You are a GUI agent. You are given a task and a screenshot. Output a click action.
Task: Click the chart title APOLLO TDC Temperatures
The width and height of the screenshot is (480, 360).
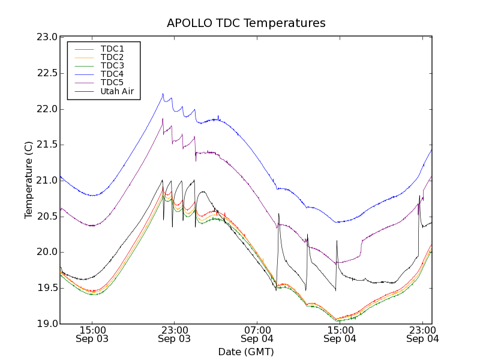pyautogui.click(x=246, y=23)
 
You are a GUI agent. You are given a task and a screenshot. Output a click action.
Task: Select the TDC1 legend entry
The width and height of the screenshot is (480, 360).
pyautogui.click(x=112, y=49)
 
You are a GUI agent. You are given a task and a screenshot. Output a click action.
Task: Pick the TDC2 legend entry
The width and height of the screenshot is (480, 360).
pyautogui.click(x=112, y=57)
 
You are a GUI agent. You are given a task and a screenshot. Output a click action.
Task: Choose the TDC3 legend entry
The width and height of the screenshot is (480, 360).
pyautogui.click(x=112, y=65)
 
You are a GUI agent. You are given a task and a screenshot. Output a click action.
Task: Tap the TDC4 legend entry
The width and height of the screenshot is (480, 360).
pyautogui.click(x=112, y=74)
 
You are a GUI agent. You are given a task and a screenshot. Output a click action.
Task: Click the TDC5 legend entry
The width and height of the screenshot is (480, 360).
pyautogui.click(x=112, y=82)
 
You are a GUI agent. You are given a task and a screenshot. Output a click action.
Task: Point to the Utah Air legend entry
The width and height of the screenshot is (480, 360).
pyautogui.click(x=117, y=92)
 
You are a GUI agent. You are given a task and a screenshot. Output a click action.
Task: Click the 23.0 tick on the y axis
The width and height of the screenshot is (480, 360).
pyautogui.click(x=47, y=37)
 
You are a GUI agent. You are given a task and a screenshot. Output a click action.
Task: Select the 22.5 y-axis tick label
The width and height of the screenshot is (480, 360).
pyautogui.click(x=47, y=73)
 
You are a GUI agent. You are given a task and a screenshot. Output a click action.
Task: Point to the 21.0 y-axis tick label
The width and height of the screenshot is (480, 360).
pyautogui.click(x=47, y=181)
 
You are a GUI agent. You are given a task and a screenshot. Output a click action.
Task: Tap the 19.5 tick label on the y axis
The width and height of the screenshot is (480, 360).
pyautogui.click(x=47, y=288)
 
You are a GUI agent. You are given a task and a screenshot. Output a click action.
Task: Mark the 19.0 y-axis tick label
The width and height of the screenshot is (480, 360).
pyautogui.click(x=47, y=324)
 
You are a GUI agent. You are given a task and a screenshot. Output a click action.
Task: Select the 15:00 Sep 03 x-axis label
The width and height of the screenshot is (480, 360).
pyautogui.click(x=92, y=334)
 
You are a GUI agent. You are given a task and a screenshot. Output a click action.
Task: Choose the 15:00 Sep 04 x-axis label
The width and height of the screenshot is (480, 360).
pyautogui.click(x=340, y=334)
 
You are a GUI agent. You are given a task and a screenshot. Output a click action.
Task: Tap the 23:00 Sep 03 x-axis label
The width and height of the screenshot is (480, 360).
pyautogui.click(x=174, y=334)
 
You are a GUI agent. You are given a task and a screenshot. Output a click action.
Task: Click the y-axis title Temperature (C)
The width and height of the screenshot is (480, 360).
pyautogui.click(x=29, y=180)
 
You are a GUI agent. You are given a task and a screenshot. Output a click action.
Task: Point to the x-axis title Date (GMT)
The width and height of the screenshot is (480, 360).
pyautogui.click(x=246, y=352)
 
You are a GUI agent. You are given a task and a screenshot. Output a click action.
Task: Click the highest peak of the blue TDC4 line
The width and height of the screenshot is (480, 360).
pyautogui.click(x=163, y=94)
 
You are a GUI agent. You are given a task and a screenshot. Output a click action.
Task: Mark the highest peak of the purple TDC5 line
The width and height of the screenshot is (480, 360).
pyautogui.click(x=163, y=119)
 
